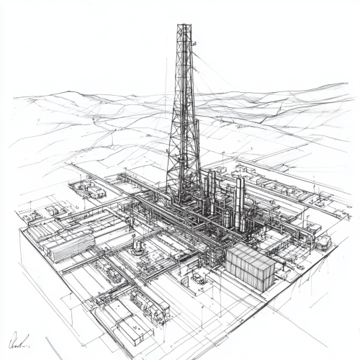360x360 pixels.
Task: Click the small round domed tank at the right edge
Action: [x=323, y=243]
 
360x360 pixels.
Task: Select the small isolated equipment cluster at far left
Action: [x=32, y=216]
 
